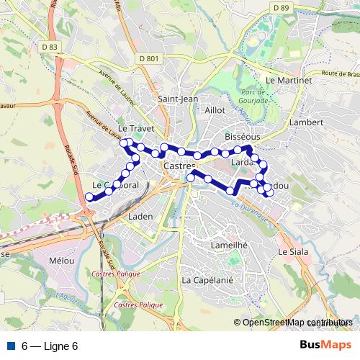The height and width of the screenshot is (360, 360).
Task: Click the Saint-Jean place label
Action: [178, 99]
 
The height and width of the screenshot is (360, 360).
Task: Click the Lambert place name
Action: [305, 122]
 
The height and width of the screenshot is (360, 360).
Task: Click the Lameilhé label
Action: [210, 245]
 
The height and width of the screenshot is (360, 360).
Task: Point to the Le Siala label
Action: [292, 253]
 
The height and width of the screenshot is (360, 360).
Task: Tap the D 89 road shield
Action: [281, 7]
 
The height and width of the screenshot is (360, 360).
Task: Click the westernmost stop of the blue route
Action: [89, 197]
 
